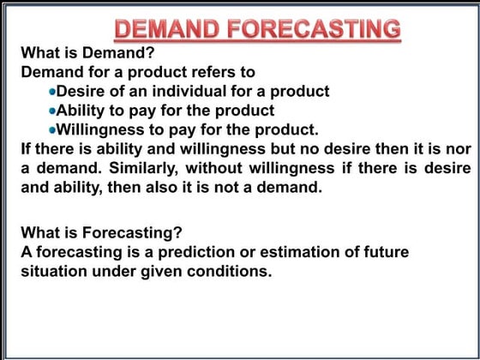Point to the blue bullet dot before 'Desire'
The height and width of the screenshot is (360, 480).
52,92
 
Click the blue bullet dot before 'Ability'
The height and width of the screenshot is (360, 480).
52,111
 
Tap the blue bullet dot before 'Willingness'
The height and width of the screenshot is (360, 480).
52,131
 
